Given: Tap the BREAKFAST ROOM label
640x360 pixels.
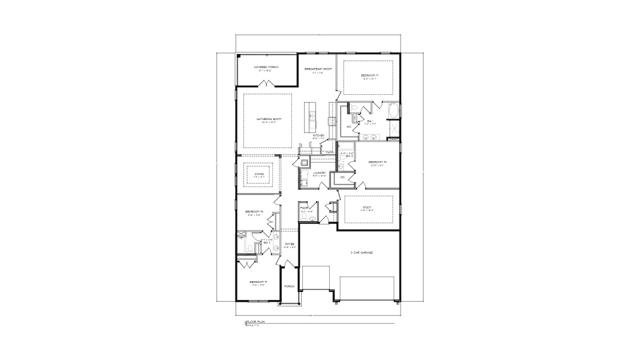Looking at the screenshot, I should [x=318, y=69].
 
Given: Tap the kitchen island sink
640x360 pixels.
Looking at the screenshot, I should [x=312, y=117].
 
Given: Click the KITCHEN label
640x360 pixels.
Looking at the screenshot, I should [x=318, y=135].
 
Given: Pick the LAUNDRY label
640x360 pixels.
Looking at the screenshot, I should [x=319, y=173].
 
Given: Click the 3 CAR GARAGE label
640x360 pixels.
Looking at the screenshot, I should [x=361, y=252].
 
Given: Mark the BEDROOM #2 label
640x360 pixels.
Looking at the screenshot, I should [x=259, y=282].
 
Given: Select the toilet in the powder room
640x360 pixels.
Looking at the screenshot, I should [x=304, y=217].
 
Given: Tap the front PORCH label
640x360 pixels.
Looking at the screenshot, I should [x=290, y=286].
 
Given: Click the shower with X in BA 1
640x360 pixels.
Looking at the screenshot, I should [x=394, y=131].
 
